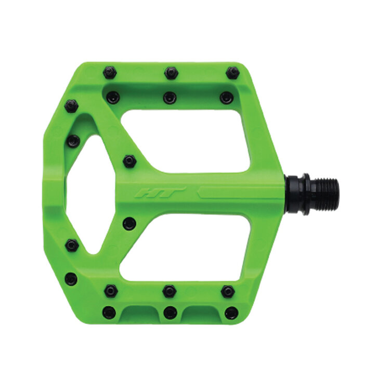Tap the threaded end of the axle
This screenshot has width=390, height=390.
tap(324, 194)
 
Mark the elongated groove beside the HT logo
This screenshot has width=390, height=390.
tap(237, 193)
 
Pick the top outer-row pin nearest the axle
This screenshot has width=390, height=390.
tap(232, 72)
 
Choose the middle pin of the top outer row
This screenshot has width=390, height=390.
tap(171, 73)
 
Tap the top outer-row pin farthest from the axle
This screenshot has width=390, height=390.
tap(110, 72)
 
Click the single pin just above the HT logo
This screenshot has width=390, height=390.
tap(129, 161)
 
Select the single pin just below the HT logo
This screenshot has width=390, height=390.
tap(129, 224)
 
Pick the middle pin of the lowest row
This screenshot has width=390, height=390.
tap(170, 313)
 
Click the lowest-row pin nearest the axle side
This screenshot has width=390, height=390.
tap(231, 313)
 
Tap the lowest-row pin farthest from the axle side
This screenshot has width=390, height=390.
tap(109, 313)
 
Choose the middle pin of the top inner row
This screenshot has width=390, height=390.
tap(170, 97)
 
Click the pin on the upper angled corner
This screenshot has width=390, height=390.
tap(71, 106)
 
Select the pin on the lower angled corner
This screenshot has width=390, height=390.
tap(71, 279)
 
